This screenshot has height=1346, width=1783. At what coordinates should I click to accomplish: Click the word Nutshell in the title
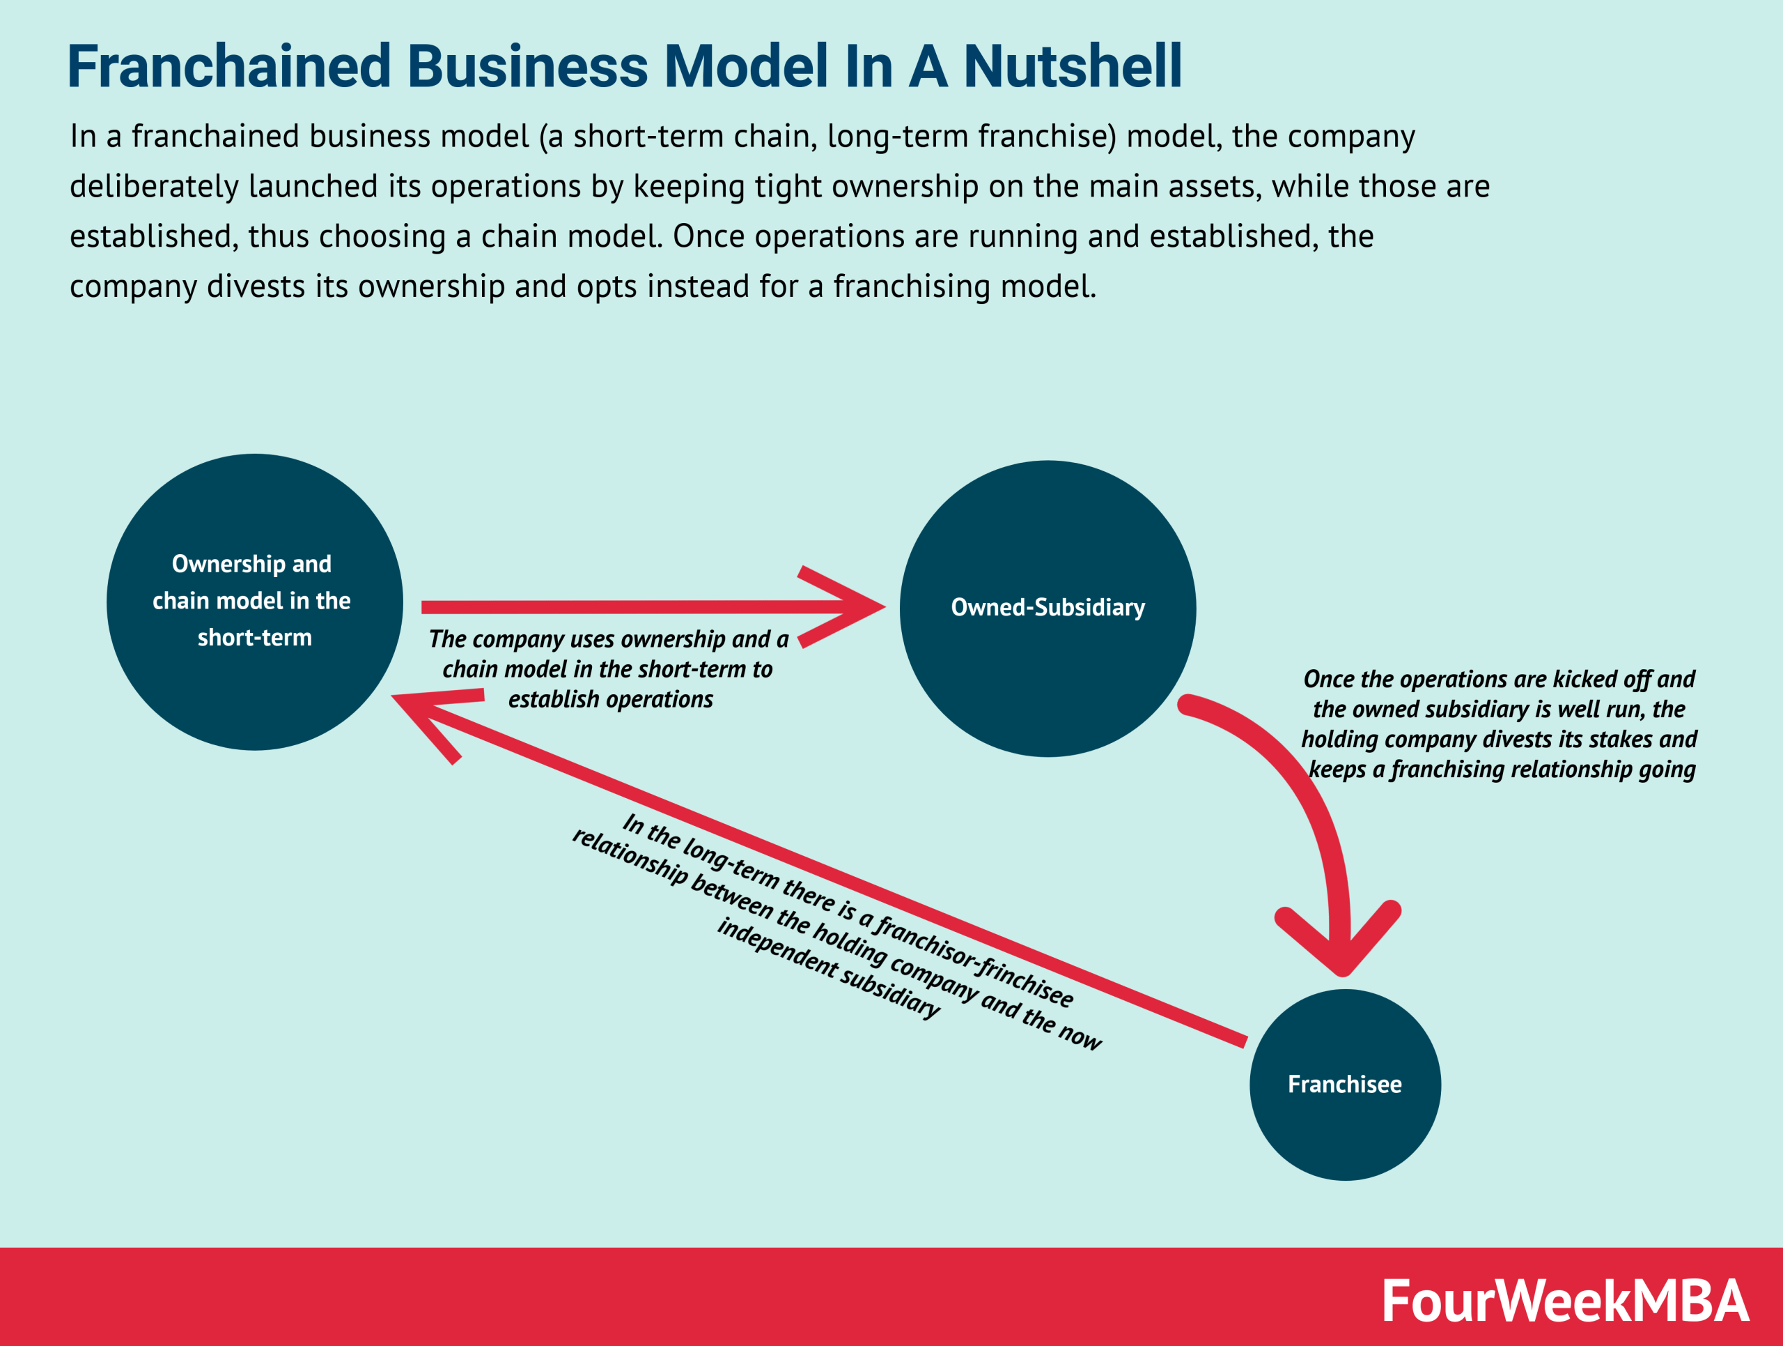[x=1072, y=66]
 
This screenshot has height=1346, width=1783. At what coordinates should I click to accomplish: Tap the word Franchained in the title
[x=229, y=66]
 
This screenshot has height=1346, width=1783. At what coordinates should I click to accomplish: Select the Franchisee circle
[x=1344, y=1084]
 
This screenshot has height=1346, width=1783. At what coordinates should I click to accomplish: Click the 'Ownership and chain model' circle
[x=254, y=602]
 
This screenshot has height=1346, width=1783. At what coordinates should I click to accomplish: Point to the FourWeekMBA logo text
[x=1564, y=1301]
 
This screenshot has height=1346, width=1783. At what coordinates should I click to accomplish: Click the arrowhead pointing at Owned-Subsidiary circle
[x=855, y=606]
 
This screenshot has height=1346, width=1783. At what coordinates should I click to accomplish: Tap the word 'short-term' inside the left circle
[x=254, y=638]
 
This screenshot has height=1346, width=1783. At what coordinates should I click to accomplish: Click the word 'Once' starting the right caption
[x=1328, y=680]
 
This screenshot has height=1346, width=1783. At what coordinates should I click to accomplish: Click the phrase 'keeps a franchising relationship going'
[x=1501, y=770]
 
